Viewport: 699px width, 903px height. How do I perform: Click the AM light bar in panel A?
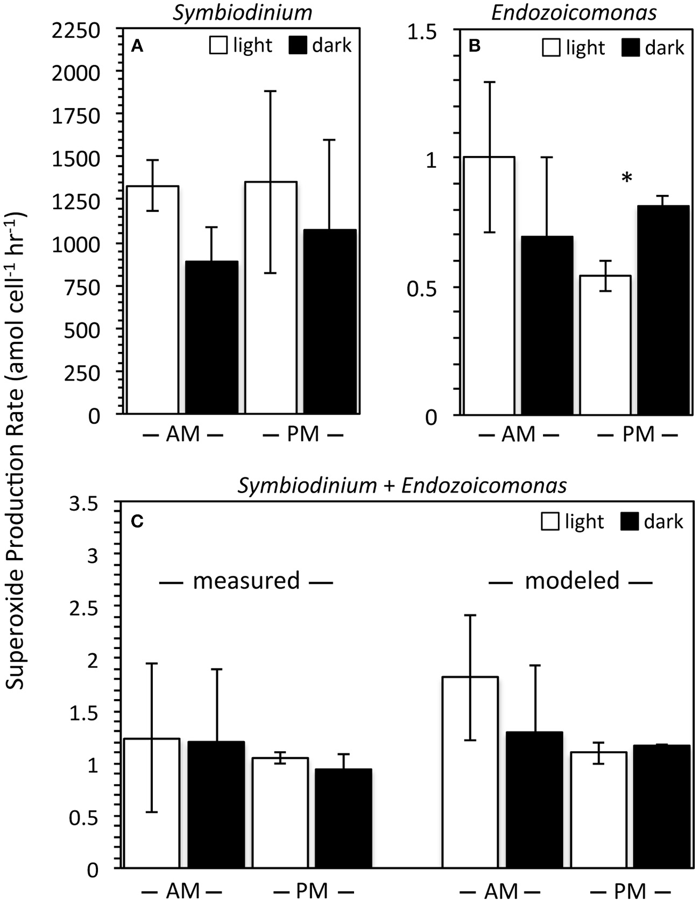coord(153,300)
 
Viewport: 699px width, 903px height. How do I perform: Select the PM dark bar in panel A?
coord(330,321)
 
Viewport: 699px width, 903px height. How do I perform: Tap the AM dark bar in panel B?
coord(547,326)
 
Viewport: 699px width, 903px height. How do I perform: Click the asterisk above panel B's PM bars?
coord(627,179)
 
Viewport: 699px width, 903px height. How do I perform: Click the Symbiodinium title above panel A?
coord(242,12)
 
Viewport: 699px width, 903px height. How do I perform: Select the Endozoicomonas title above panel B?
coord(574,12)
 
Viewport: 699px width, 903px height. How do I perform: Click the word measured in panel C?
coord(246,581)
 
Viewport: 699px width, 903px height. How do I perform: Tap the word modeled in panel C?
coord(572,581)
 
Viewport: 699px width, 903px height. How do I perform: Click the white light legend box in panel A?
coord(218,45)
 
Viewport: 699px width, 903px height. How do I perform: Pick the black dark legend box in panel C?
coord(630,521)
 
